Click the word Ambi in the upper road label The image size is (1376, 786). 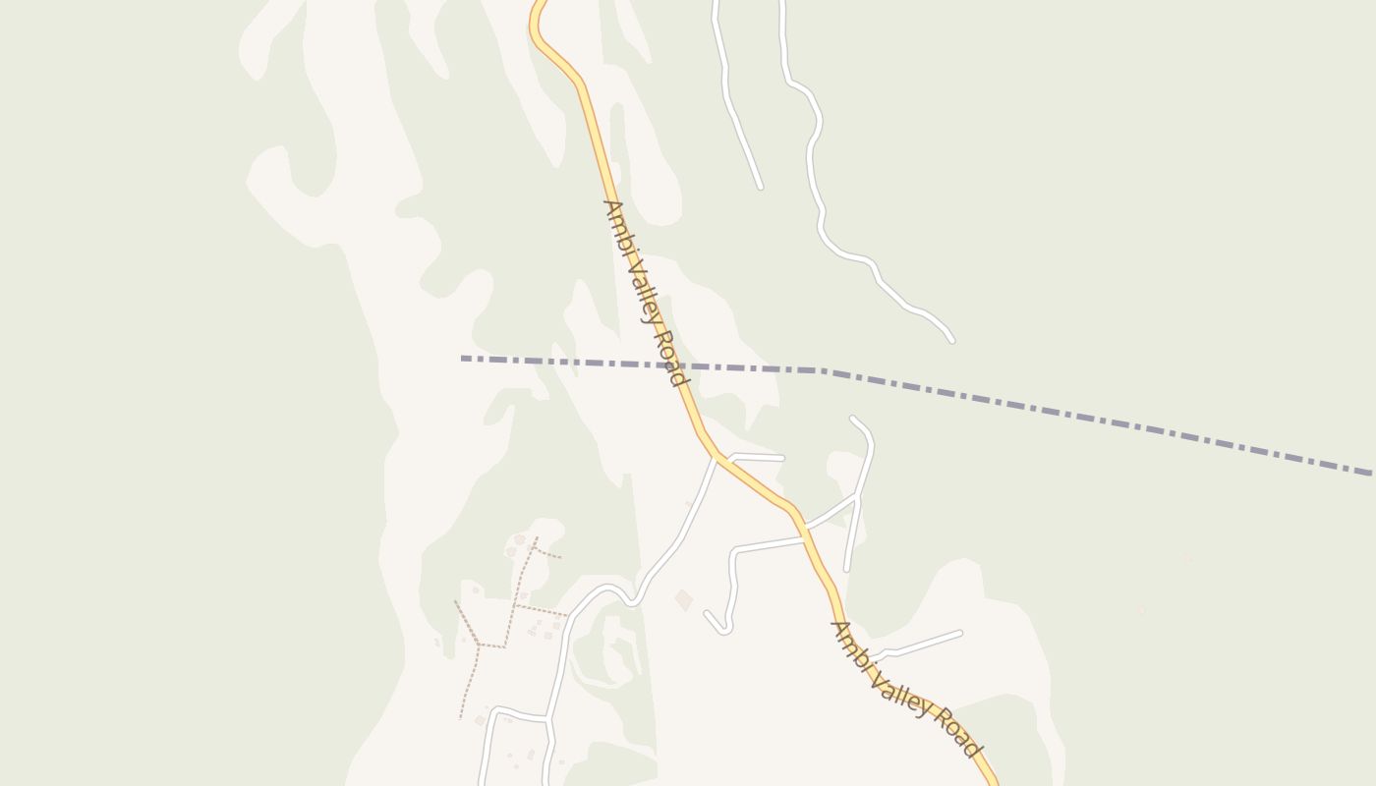tap(615, 224)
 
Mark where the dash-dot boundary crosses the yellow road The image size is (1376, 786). tap(680, 365)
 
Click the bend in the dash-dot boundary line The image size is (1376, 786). tap(822, 370)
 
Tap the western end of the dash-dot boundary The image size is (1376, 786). tap(462, 359)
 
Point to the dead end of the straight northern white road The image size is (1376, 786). tap(761, 187)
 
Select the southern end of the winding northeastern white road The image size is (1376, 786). tap(951, 340)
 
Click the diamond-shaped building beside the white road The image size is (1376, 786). tap(683, 599)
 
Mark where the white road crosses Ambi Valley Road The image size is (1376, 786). tap(804, 536)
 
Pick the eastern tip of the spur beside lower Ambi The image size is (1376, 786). tap(959, 634)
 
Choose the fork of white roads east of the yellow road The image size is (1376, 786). tap(857, 498)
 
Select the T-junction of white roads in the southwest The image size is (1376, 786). tap(549, 720)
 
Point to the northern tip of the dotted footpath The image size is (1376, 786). tap(536, 538)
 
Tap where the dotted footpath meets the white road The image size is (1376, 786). tap(566, 615)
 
